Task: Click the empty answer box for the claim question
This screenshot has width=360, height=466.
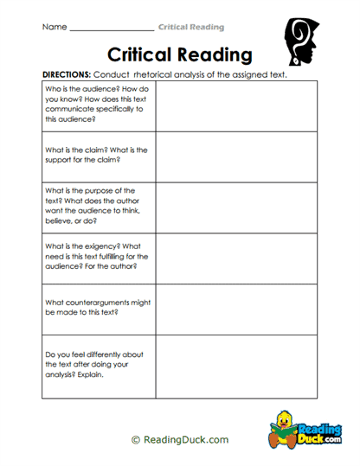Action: (x=239, y=156)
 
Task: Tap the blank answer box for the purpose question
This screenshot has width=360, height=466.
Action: (x=239, y=207)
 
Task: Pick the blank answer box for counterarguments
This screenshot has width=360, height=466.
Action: (x=239, y=309)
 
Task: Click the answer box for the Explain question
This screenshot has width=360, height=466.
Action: (x=239, y=366)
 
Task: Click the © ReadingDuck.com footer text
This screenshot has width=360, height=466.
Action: (x=180, y=439)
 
